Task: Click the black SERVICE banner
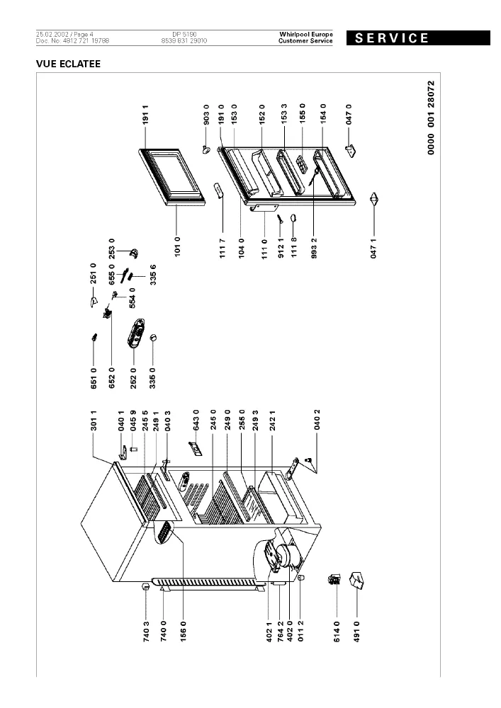[418, 38]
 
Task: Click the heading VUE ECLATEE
[68, 64]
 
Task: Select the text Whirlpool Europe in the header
[306, 34]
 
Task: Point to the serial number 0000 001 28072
[431, 118]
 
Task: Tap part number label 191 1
[145, 115]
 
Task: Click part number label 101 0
[177, 246]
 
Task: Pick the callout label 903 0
[206, 115]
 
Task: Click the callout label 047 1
[373, 249]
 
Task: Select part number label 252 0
[133, 378]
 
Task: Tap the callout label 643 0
[196, 420]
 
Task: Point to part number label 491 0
[357, 632]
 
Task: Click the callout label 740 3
[146, 632]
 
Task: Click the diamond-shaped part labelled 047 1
[373, 199]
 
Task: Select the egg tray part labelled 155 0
[301, 163]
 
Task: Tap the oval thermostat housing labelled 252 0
[135, 333]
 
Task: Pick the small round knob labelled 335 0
[152, 337]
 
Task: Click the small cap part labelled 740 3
[146, 587]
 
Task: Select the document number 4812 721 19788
[88, 40]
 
